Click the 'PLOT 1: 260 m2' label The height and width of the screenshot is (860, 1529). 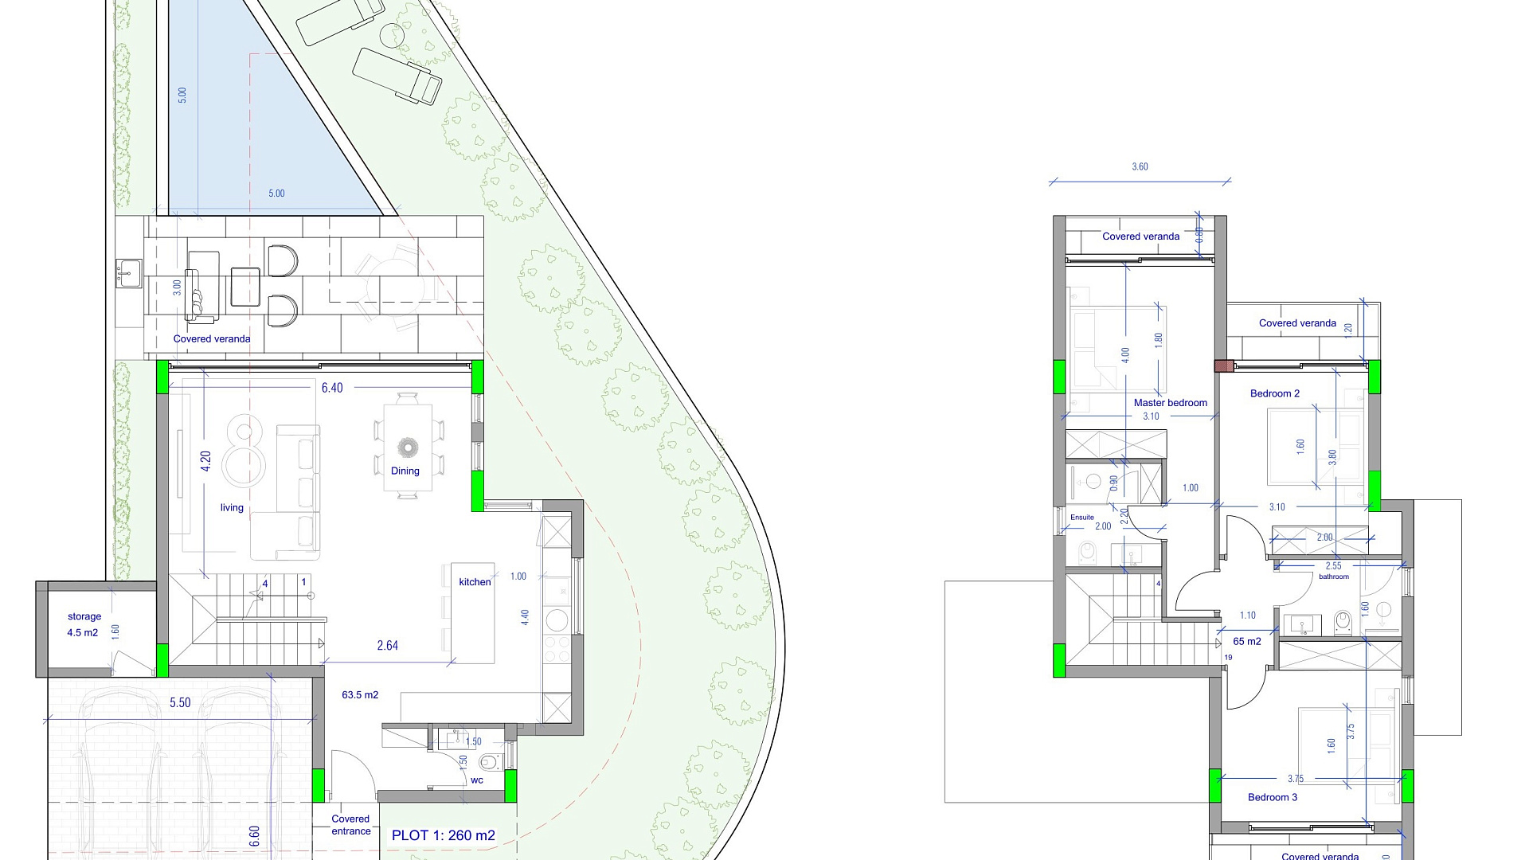(443, 835)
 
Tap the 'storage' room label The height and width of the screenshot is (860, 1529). (84, 616)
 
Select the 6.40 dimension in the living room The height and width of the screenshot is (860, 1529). (332, 388)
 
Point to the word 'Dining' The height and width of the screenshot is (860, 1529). (405, 471)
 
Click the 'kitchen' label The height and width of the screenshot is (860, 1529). (475, 582)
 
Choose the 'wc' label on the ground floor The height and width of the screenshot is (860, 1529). (477, 780)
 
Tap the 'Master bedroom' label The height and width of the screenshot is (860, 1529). (1171, 403)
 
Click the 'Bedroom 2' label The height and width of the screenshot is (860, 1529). (1275, 393)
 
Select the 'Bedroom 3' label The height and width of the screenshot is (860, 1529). (1273, 797)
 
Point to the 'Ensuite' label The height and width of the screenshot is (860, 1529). (1082, 518)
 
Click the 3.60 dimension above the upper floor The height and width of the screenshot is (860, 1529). (1140, 167)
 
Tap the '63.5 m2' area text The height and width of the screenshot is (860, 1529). (360, 695)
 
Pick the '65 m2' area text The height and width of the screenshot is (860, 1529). (1247, 642)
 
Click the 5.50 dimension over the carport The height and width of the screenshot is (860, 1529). (180, 703)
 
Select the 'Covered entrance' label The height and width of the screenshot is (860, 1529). (351, 825)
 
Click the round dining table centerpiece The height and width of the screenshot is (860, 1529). (408, 447)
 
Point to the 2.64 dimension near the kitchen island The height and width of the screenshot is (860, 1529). (388, 646)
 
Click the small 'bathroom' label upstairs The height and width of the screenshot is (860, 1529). (1334, 577)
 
